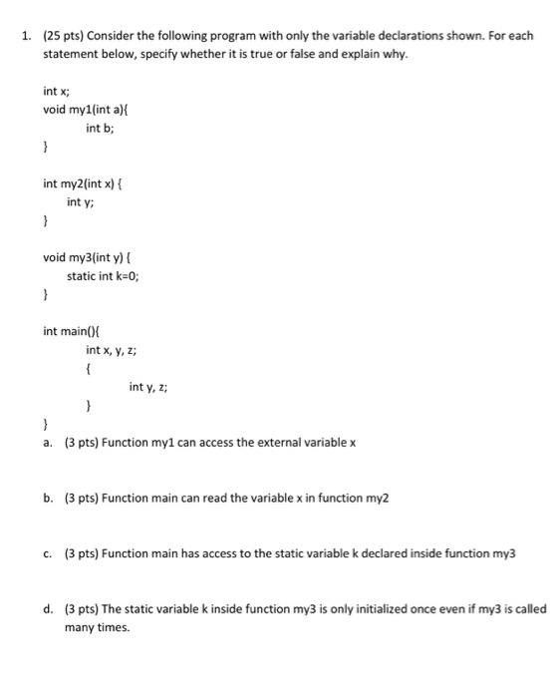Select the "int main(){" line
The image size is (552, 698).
click(x=71, y=332)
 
